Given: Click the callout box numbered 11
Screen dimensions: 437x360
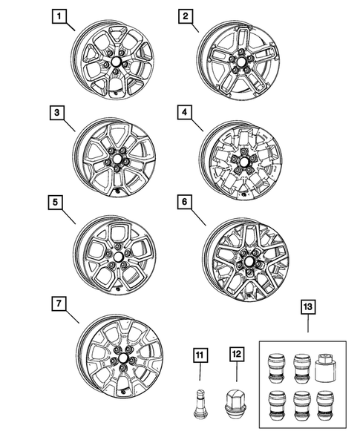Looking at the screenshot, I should tap(200, 355).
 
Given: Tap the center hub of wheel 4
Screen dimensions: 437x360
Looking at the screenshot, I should tap(240, 160).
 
